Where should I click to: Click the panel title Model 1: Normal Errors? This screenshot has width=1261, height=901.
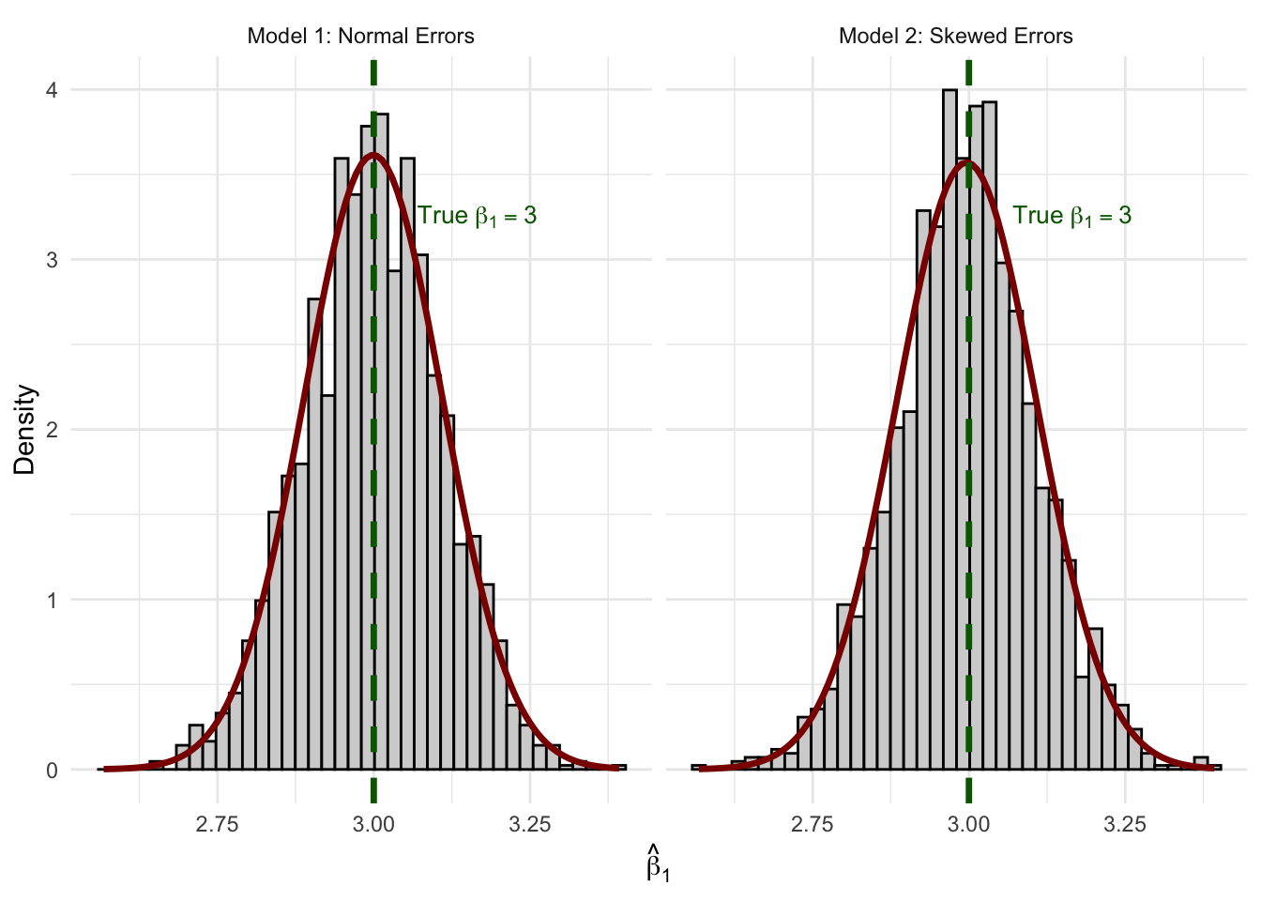point(360,37)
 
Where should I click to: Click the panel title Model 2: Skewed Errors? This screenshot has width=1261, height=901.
point(955,37)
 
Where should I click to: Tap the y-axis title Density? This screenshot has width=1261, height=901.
point(25,430)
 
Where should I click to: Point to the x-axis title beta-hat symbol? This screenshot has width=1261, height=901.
point(658,864)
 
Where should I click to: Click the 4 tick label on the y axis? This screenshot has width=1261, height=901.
point(53,90)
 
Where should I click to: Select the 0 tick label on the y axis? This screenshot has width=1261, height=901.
point(53,771)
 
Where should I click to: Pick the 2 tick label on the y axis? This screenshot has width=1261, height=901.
point(53,430)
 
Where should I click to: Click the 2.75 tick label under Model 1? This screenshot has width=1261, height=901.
point(217,825)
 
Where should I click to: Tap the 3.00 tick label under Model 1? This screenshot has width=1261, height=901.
point(373,825)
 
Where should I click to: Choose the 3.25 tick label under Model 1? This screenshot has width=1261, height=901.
point(530,825)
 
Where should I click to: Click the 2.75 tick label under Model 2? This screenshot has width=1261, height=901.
point(812,825)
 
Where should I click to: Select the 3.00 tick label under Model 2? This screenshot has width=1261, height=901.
point(968,825)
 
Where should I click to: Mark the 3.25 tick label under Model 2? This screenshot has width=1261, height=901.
point(1125,825)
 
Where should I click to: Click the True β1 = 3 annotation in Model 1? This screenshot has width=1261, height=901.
point(477,216)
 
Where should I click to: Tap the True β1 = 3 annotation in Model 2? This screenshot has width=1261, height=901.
point(1071,216)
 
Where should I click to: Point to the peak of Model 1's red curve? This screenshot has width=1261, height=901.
point(373,154)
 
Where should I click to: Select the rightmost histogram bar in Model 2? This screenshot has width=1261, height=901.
point(1216,768)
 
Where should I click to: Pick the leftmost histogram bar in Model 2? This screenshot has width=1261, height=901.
point(698,768)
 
